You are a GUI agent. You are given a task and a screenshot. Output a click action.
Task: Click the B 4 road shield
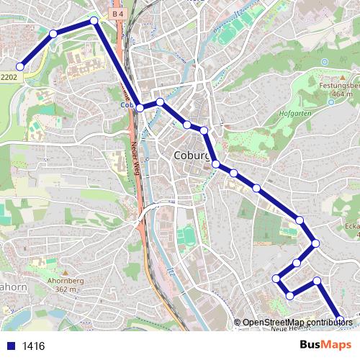(x=117, y=13)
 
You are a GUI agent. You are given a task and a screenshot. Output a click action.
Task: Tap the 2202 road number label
(x=9, y=76)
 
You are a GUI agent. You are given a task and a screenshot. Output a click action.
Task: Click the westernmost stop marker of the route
(x=20, y=66)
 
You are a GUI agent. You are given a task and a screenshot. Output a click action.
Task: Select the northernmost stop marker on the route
(x=94, y=21)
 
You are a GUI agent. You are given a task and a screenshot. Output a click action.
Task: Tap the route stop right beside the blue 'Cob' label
(x=140, y=107)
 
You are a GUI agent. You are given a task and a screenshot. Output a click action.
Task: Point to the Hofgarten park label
(x=294, y=113)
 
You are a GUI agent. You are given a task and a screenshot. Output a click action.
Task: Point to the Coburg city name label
(x=192, y=156)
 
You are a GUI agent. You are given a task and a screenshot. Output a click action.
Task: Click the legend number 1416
(x=33, y=346)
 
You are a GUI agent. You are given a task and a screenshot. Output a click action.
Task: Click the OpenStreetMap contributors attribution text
(x=297, y=323)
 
